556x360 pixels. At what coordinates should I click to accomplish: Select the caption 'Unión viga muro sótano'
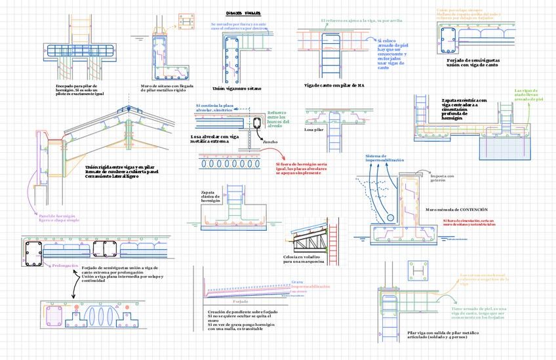click(x=236, y=89)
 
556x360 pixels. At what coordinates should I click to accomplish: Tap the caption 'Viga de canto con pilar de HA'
click(x=334, y=85)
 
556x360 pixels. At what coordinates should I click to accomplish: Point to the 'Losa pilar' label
click(x=314, y=130)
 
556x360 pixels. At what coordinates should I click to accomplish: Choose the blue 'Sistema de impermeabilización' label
click(x=384, y=157)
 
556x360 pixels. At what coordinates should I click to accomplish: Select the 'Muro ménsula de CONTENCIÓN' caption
click(x=456, y=209)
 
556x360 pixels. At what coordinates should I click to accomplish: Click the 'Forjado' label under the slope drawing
click(x=240, y=301)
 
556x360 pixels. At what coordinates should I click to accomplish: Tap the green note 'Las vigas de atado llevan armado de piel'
click(x=529, y=95)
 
